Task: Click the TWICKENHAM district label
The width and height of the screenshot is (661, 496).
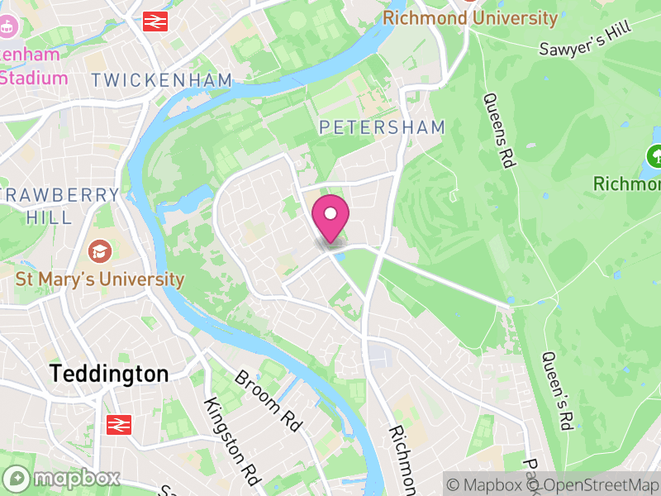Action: click(162, 80)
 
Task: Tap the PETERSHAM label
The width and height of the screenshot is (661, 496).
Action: click(382, 127)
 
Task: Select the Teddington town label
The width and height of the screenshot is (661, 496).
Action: click(109, 374)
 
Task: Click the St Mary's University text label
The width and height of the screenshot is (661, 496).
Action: click(100, 279)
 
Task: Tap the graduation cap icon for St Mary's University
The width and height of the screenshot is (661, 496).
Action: click(100, 251)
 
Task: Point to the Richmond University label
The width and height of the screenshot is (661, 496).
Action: click(471, 17)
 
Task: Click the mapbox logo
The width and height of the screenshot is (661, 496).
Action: click(63, 478)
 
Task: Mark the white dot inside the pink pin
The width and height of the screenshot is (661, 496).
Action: click(330, 213)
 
